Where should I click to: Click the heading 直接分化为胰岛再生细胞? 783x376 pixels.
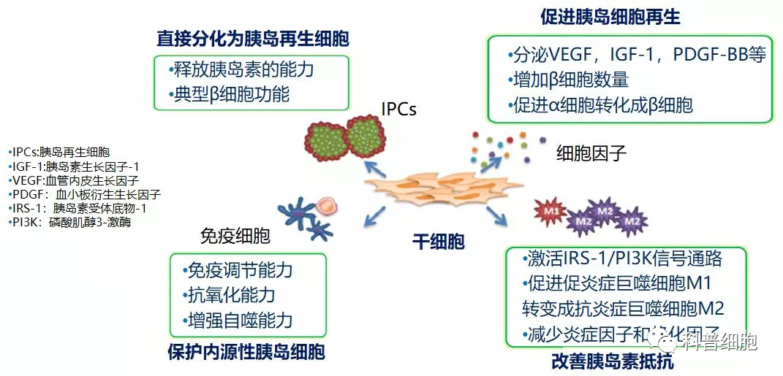tap(252, 39)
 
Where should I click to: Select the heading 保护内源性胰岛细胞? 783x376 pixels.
tap(245, 351)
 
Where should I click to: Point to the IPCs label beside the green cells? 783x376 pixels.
tap(398, 110)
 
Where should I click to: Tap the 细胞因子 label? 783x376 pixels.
tap(591, 153)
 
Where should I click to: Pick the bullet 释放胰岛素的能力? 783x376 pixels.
tap(241, 70)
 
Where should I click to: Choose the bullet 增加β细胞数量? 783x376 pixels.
tap(568, 80)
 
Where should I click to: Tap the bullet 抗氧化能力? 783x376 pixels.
tap(228, 295)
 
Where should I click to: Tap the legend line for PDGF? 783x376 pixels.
tap(84, 194)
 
